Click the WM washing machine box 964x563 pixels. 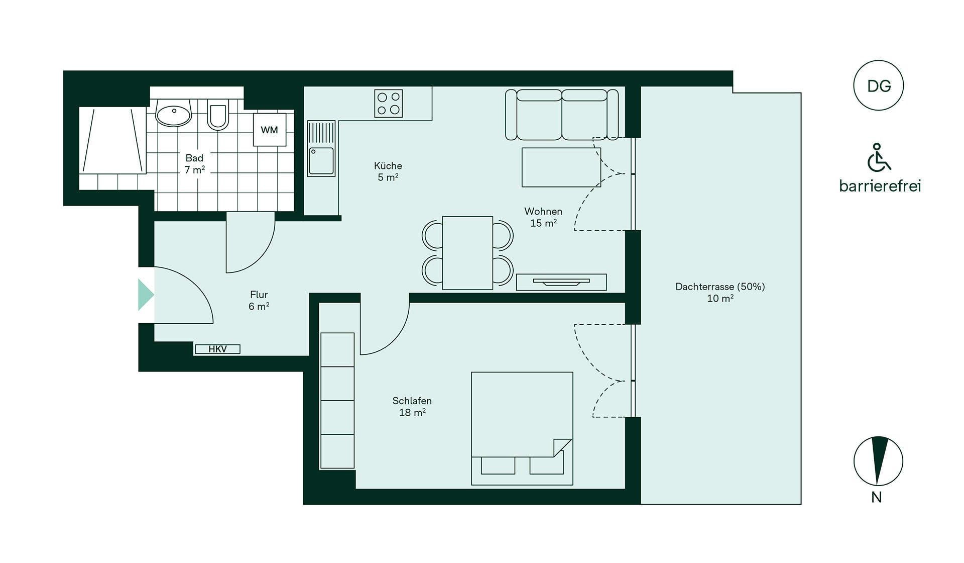[x=270, y=130]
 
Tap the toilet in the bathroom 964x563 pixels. [x=218, y=115]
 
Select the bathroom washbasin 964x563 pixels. [x=174, y=112]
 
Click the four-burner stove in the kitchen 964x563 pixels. [x=389, y=104]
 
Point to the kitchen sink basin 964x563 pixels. [x=321, y=161]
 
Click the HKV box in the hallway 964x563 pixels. [x=217, y=349]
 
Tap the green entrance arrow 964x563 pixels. [x=146, y=295]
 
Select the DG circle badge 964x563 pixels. [x=879, y=85]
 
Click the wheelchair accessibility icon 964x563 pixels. [x=879, y=157]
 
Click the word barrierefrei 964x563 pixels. [x=880, y=186]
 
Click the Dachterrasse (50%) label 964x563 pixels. [x=720, y=287]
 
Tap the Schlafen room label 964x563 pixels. [x=412, y=401]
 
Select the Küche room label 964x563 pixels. [x=388, y=165]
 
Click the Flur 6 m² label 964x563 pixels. [x=259, y=300]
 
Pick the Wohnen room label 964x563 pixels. [x=543, y=211]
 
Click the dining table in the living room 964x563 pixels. [x=467, y=253]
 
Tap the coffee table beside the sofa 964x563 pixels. [x=561, y=167]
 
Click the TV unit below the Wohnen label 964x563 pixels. [x=561, y=282]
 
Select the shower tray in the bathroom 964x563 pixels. [x=112, y=140]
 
